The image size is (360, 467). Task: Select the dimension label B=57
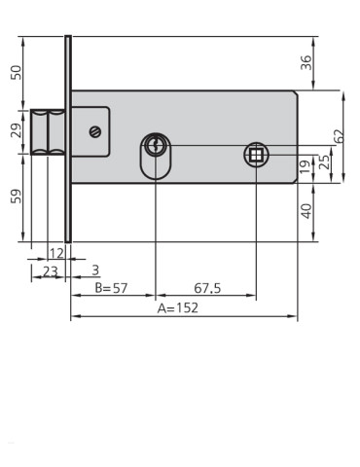pyautogui.click(x=111, y=288)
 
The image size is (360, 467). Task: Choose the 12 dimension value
pyautogui.click(x=55, y=253)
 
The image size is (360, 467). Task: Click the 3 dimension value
pyautogui.click(x=94, y=270)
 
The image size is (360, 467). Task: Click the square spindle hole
pyautogui.click(x=255, y=153)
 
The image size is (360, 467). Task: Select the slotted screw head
pyautogui.click(x=94, y=132)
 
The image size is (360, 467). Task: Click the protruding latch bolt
pyautogui.click(x=48, y=130)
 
